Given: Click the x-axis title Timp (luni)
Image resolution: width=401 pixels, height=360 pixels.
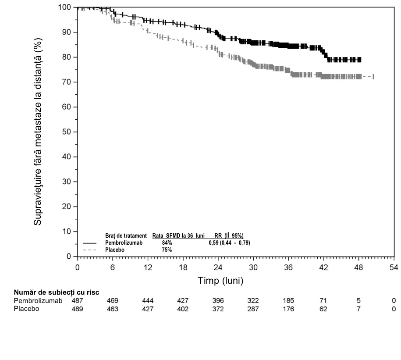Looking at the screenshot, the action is point(220,281).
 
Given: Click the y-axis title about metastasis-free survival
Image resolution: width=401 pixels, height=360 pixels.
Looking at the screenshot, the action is point(37,132).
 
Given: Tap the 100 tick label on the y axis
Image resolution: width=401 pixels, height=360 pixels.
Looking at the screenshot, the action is point(64,7).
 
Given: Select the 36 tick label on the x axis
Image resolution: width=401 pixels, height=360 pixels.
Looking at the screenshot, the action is point(288,267).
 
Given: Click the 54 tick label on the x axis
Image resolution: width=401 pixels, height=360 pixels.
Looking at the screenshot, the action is point(394,267).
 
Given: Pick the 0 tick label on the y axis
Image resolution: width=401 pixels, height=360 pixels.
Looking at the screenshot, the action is point(68,256).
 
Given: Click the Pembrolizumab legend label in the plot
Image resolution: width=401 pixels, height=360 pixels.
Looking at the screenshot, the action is point(124,242).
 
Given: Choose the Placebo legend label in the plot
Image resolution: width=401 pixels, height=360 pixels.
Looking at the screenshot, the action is point(115,250).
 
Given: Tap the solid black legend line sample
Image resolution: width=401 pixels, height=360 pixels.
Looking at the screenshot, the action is point(89,243).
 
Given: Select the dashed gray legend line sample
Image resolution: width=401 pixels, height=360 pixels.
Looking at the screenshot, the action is point(89,250).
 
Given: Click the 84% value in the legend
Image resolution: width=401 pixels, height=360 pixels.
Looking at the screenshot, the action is point(167,242).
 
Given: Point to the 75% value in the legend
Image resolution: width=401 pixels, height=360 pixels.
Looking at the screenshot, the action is point(167,250).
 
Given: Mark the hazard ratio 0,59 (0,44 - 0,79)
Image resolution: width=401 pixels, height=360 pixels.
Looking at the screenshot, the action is point(229,242).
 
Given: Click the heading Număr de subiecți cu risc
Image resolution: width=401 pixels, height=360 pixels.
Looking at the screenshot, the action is point(57,292).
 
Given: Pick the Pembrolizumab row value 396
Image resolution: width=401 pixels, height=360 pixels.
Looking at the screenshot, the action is point(218,300).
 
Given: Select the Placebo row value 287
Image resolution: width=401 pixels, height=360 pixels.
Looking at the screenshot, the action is point(253,309).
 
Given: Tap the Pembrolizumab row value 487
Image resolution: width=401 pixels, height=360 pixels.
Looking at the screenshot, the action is point(77,300).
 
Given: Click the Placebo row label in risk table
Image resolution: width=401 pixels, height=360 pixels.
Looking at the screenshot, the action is point(27,309).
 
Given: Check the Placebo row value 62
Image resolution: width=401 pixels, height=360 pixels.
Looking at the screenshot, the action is point(323,309).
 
